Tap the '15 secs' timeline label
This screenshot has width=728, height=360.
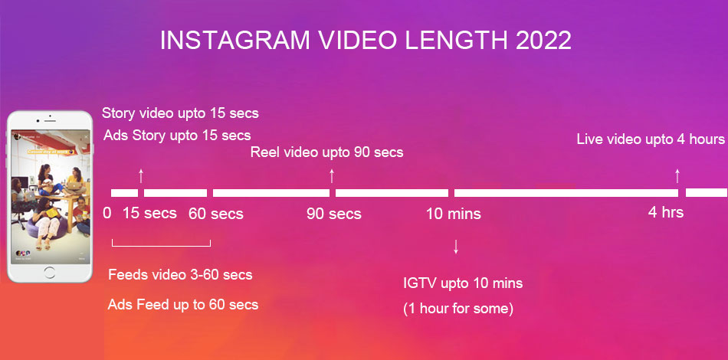point(149,213)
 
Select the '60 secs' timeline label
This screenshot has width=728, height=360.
point(216,213)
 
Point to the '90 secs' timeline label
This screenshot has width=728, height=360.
point(334,213)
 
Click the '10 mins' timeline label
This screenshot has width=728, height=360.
point(454,213)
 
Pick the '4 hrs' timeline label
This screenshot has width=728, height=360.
point(666,212)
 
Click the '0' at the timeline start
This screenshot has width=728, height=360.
point(107,213)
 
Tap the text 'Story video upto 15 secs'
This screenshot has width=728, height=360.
point(180,113)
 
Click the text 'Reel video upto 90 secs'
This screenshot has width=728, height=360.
point(326,152)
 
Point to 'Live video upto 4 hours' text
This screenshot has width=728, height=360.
point(651,139)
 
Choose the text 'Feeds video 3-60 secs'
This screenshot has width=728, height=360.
point(180,274)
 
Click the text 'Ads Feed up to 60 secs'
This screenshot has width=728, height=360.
point(183,304)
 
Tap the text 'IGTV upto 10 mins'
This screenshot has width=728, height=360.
point(463,283)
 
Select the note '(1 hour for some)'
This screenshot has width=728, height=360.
point(458,309)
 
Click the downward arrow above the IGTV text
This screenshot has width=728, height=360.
point(457,247)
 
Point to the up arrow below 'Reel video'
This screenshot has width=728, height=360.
point(332,175)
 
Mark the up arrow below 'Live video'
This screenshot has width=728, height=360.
point(677,175)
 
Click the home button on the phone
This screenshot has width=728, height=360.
point(51,273)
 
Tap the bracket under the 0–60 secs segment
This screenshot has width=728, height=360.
point(161,245)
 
